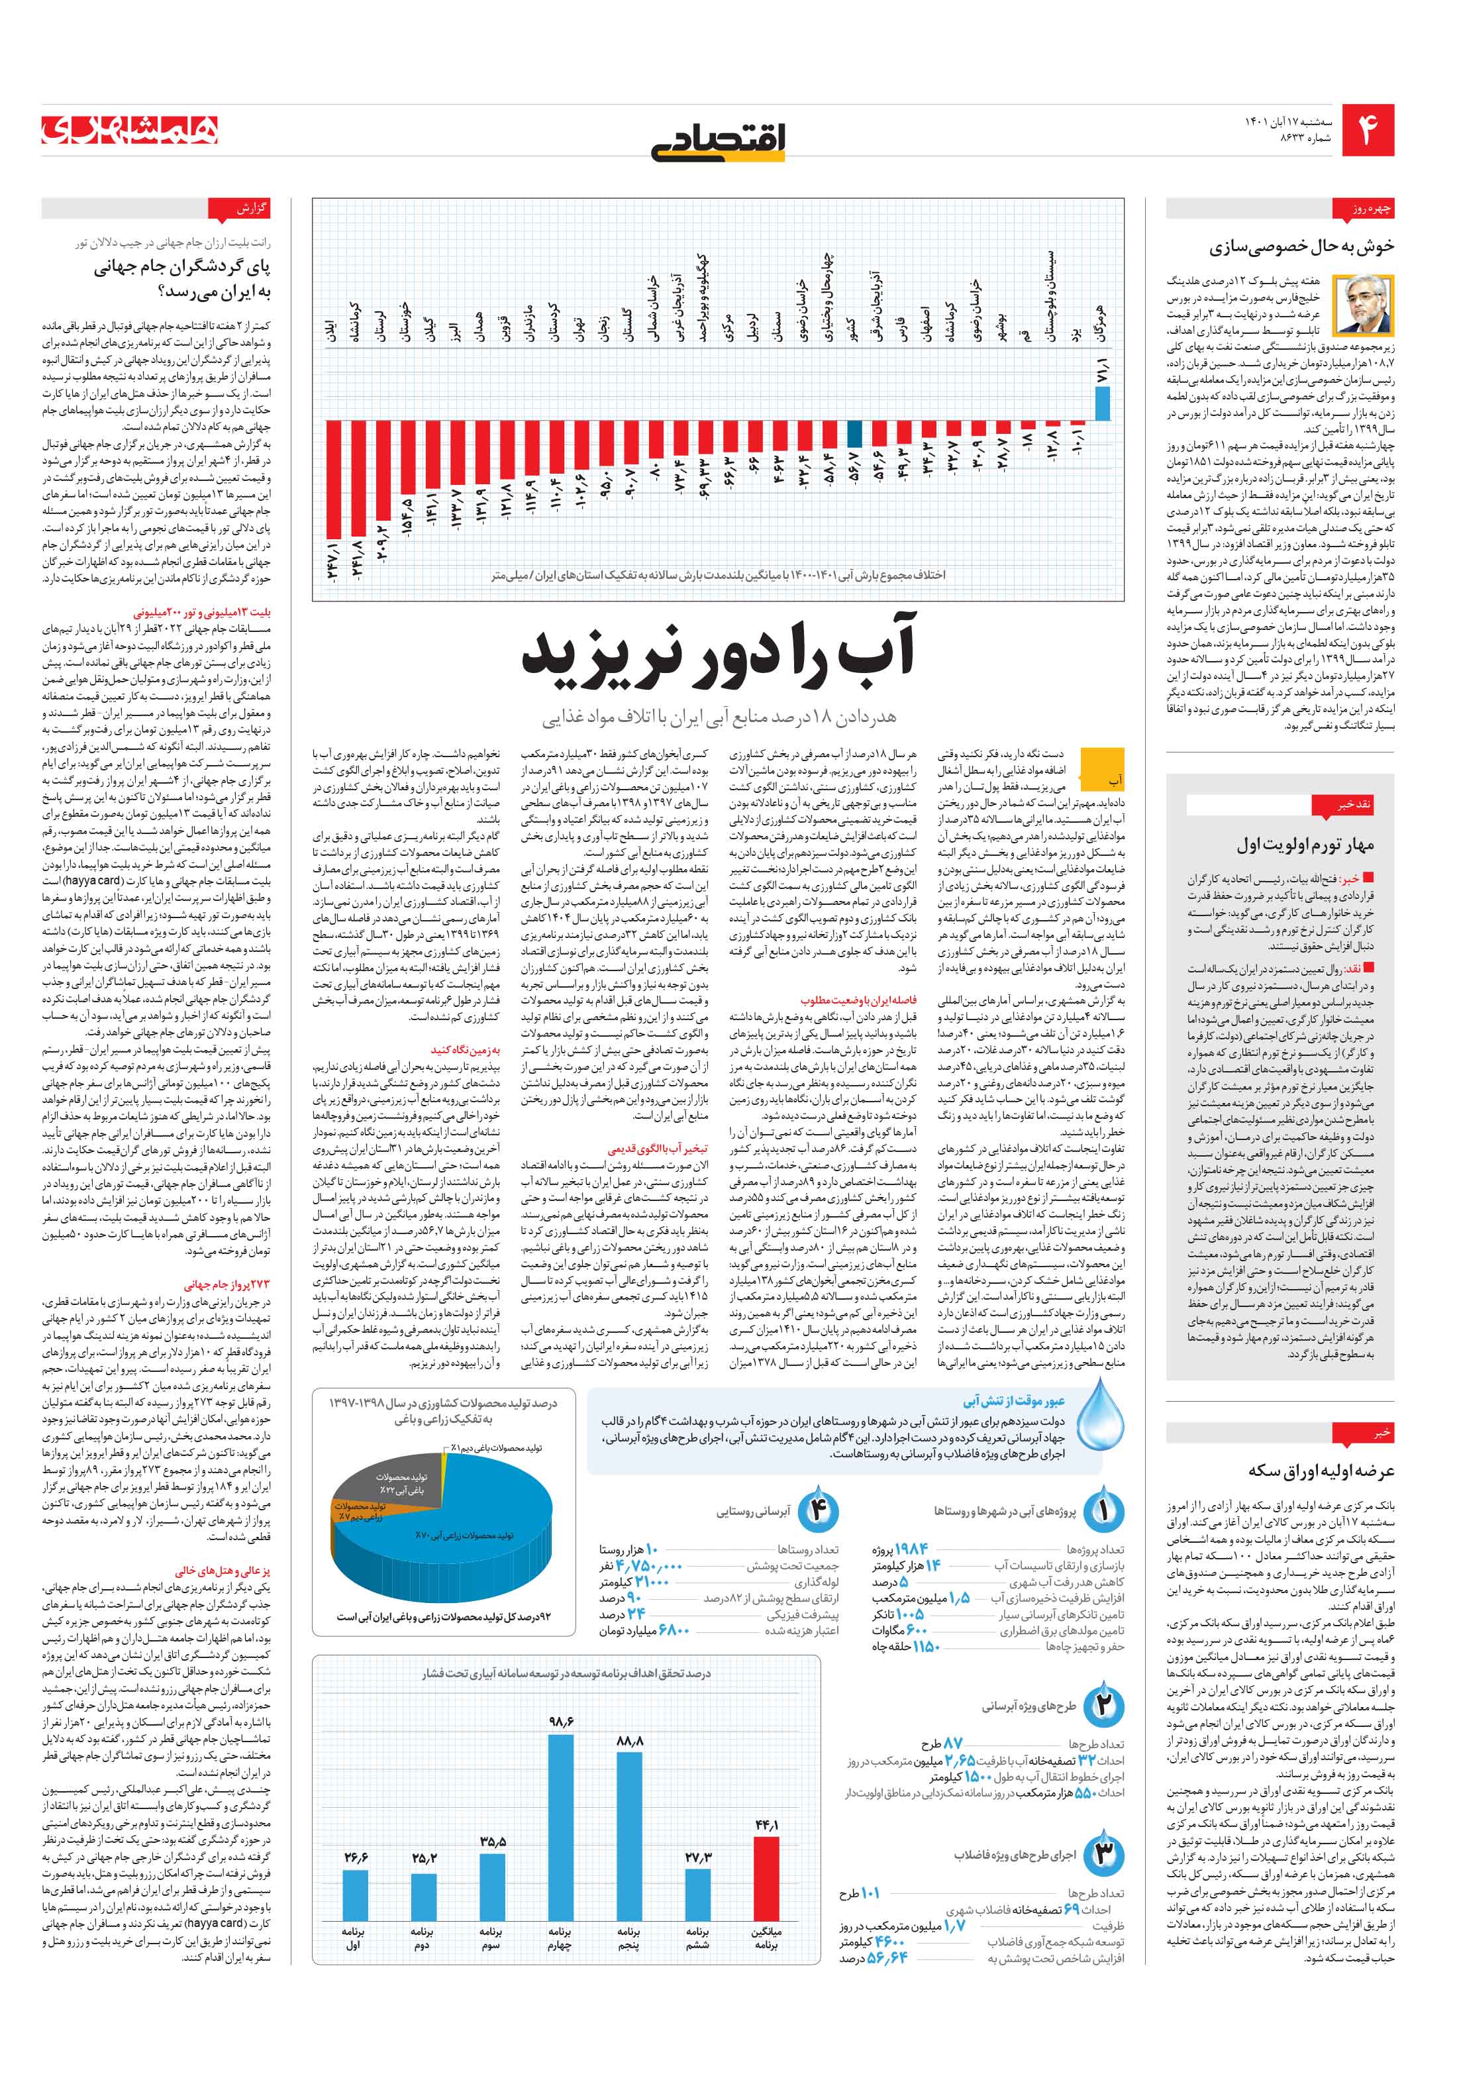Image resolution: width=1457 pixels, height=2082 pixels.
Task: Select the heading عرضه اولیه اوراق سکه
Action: tap(1321, 1471)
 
